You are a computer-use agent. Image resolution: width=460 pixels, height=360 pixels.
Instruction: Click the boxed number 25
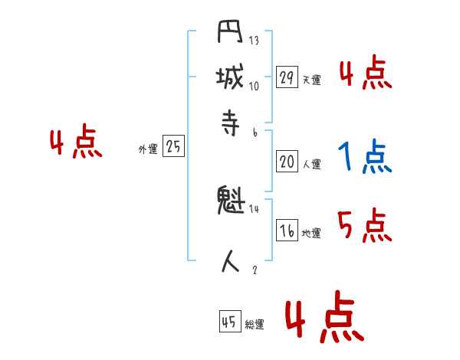pos(173,147)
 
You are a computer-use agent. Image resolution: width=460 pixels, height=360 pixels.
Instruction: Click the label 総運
pos(255,325)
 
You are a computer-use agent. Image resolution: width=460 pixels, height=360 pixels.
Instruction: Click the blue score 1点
pos(364,157)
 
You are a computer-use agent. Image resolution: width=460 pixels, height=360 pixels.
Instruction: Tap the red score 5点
pos(364,226)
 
